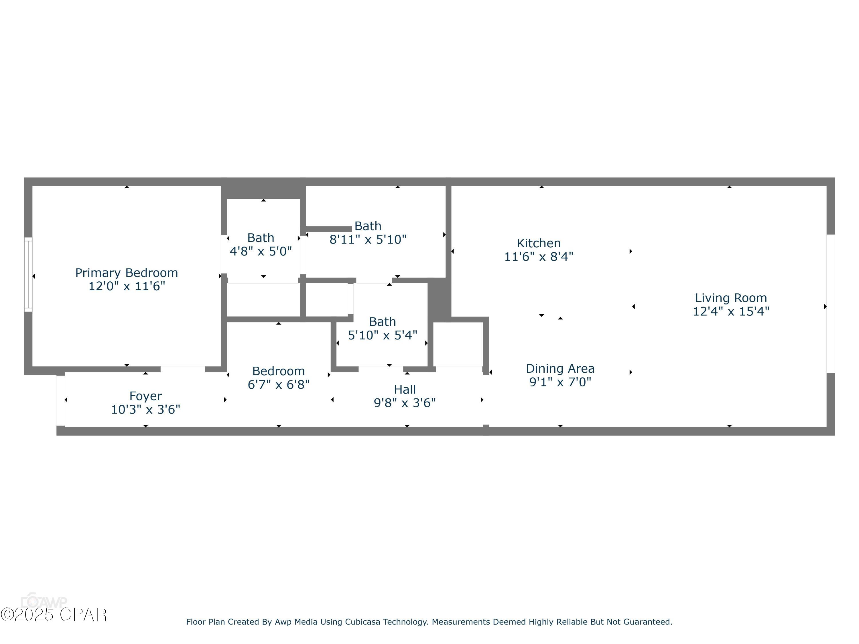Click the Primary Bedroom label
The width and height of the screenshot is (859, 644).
coord(127,273)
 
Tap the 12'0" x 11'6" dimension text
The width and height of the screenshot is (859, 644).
coord(127,287)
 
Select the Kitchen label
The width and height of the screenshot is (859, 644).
coord(539,243)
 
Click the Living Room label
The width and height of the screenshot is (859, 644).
coord(731,298)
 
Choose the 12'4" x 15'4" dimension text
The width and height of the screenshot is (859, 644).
coord(731,312)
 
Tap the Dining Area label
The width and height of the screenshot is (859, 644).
coord(560,369)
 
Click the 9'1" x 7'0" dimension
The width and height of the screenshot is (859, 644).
coord(560,382)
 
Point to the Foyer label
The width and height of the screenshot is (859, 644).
coord(146,396)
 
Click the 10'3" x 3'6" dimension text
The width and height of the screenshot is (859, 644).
coord(146,410)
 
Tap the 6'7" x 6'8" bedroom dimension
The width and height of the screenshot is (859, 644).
coord(278,385)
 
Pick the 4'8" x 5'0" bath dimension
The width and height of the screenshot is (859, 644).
coord(261,252)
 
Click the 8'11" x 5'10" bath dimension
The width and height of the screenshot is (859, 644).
coord(368,240)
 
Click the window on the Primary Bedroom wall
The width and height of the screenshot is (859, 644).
coord(28,274)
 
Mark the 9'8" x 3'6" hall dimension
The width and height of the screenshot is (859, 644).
coord(405,403)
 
